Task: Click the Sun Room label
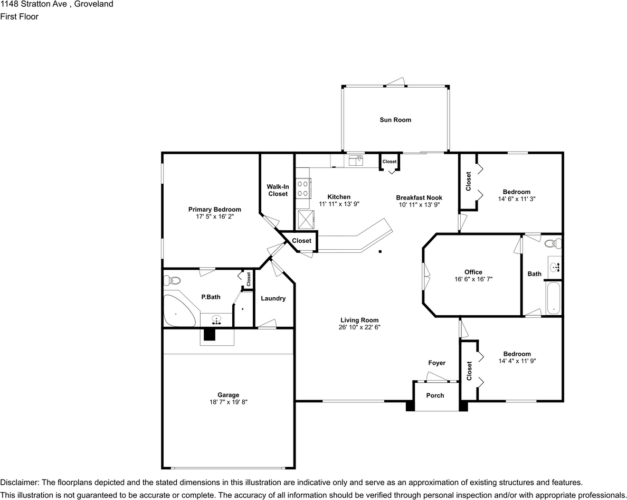(x=395, y=120)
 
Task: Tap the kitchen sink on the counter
(x=356, y=159)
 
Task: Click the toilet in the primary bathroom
(x=173, y=280)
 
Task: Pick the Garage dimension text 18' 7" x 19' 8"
(x=228, y=402)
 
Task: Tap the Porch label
(x=435, y=395)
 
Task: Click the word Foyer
(x=436, y=363)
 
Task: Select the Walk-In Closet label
(x=277, y=190)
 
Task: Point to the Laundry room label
(x=273, y=298)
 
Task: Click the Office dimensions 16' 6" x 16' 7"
(x=473, y=279)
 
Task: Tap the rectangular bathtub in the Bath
(x=553, y=299)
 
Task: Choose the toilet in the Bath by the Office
(x=551, y=244)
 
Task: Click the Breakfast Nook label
(x=419, y=197)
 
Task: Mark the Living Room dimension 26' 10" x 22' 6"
(x=359, y=327)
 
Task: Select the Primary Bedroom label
(x=214, y=210)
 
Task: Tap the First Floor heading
(x=19, y=16)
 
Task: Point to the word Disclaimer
(x=19, y=482)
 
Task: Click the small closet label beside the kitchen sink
(x=389, y=162)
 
